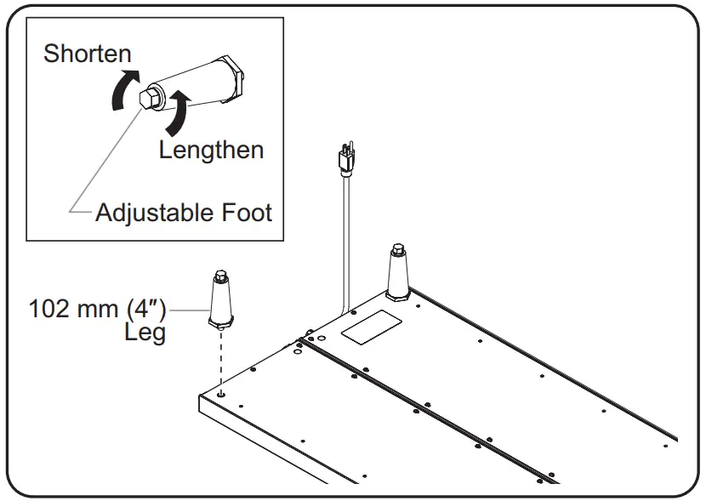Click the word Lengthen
pos(211,150)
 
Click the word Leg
pos(145,332)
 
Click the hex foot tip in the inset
pos(148,98)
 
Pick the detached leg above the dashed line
pos(219,302)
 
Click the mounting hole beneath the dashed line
pos(221,393)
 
